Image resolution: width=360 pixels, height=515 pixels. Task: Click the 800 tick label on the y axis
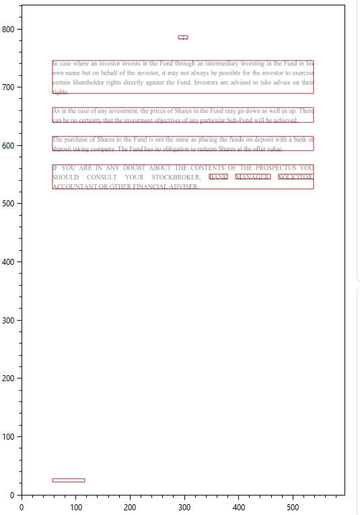[11, 29]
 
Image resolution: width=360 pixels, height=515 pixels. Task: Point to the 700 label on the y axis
[11, 87]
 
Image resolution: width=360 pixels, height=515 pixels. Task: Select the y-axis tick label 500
[11, 204]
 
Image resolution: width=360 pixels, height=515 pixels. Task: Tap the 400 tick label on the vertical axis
[11, 262]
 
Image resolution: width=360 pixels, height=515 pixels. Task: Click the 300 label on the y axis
[11, 320]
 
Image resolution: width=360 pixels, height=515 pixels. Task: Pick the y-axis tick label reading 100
[11, 436]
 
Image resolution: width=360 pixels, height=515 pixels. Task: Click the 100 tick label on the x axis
[76, 508]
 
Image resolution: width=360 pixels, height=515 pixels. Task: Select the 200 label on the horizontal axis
[131, 508]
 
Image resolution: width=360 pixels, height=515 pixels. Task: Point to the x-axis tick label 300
[184, 508]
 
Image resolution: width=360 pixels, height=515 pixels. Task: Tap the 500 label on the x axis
[293, 508]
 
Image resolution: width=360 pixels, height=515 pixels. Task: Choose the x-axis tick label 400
[239, 508]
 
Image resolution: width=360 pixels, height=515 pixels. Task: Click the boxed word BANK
[219, 177]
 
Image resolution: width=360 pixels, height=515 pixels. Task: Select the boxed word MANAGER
[252, 177]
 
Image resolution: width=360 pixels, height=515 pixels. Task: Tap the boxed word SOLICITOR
[295, 177]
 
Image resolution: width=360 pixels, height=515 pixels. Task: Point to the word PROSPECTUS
[272, 168]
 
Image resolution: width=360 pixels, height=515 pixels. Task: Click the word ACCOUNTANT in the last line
[73, 187]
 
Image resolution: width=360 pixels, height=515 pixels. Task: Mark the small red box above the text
[183, 37]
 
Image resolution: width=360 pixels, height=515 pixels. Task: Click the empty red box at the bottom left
[69, 480]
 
